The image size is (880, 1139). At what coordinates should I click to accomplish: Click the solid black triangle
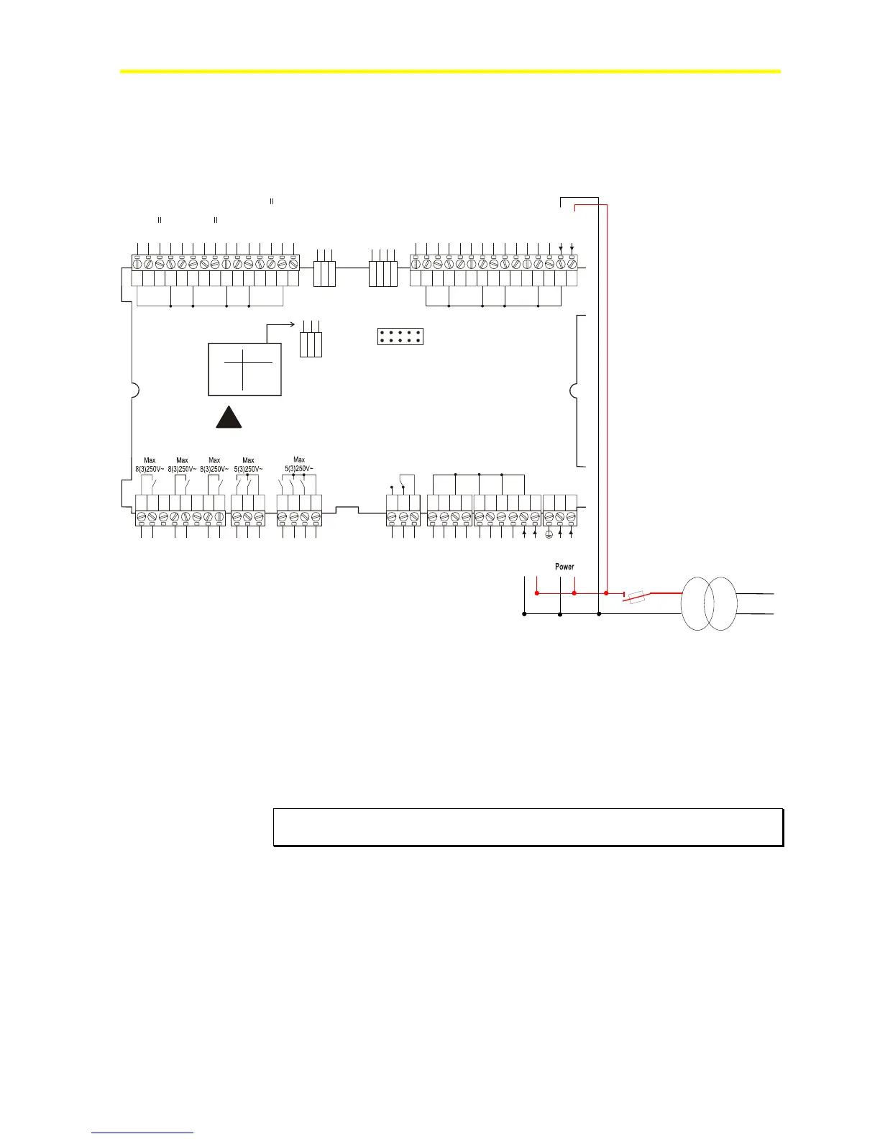[229, 418]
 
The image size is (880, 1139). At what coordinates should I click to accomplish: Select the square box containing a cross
[244, 369]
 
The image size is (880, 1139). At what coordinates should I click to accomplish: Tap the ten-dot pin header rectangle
[400, 336]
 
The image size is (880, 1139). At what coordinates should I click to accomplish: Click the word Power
[564, 567]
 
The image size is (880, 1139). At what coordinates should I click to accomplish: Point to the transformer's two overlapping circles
[709, 603]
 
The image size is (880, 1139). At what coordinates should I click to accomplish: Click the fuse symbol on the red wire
[637, 597]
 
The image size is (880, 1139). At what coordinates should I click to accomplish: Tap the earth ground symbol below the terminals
[549, 534]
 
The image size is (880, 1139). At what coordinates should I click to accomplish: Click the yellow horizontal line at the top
[449, 71]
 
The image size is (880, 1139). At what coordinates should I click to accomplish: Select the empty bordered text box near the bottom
[528, 827]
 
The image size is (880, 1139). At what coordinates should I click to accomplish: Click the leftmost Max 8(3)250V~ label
[150, 465]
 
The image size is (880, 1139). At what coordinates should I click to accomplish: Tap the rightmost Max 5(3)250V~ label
[299, 464]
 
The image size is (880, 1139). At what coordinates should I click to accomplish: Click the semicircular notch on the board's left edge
[136, 391]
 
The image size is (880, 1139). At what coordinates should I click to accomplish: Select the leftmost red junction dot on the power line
[537, 593]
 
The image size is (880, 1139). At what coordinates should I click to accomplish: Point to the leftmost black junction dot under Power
[524, 614]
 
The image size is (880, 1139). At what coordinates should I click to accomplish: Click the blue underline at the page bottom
[143, 1133]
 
